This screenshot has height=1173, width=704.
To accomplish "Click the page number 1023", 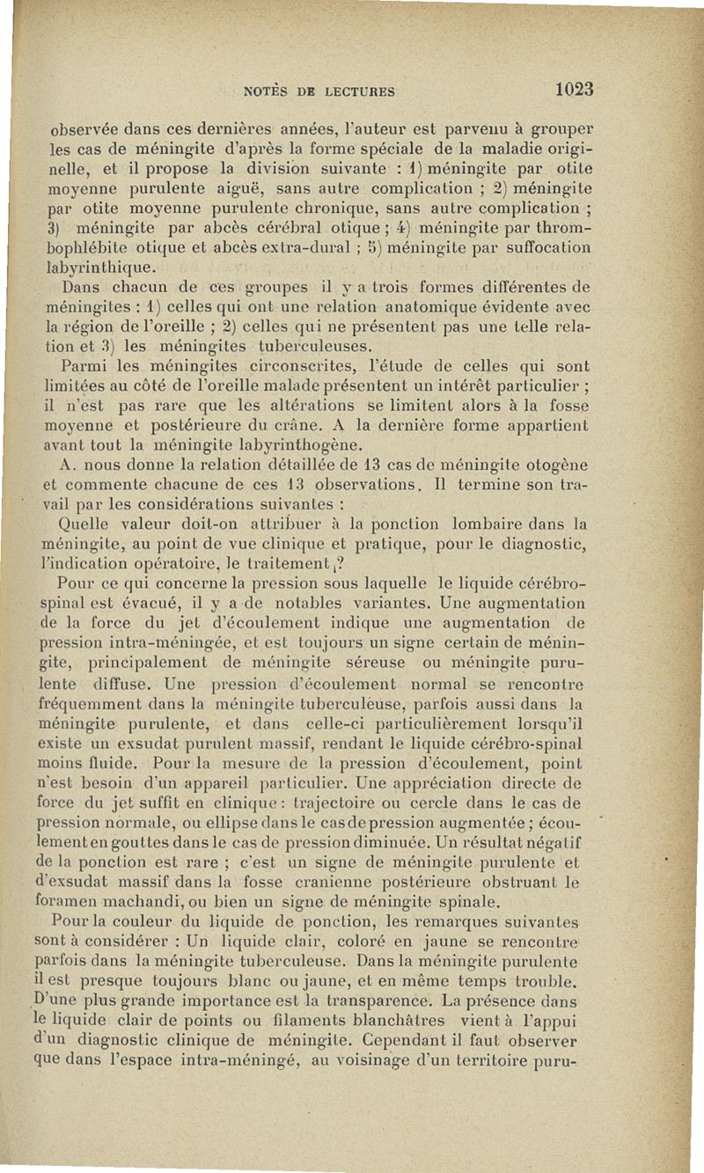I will (568, 89).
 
